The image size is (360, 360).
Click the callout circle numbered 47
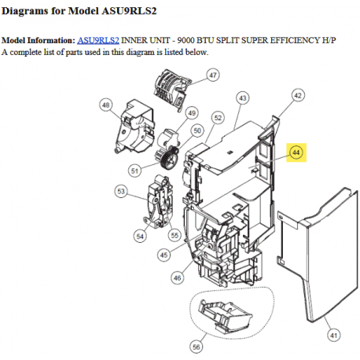[x=212, y=75]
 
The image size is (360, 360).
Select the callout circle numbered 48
[x=106, y=105]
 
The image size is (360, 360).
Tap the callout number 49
[x=192, y=113]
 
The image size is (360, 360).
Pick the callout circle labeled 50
[x=197, y=130]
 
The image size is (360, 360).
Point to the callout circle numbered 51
[x=134, y=171]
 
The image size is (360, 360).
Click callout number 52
[x=218, y=118]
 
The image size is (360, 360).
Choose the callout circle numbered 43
[x=243, y=98]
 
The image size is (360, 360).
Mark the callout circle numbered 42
[x=298, y=95]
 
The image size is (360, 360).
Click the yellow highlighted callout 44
[x=296, y=152]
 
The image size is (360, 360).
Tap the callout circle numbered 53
[x=121, y=191]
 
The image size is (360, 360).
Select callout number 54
[x=140, y=237]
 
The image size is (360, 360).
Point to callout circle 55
[x=174, y=235]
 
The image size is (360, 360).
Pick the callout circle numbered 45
[x=164, y=255]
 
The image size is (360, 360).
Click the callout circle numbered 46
[x=178, y=277]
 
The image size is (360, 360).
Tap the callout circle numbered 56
[x=197, y=347]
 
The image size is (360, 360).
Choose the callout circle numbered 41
[x=333, y=335]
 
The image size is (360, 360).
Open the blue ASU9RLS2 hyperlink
[x=98, y=40]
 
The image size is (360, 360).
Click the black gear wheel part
[x=168, y=158]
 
